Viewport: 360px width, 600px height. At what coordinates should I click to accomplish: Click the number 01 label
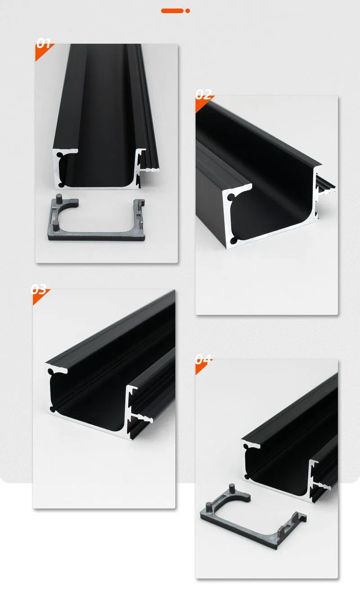coord(44,43)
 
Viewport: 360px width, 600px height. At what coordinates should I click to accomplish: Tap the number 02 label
coord(203,95)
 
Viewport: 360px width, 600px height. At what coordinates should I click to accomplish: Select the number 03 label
coord(39,289)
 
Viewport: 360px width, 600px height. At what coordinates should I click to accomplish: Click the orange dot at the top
coord(188,10)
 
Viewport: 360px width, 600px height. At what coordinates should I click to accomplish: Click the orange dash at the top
coord(172,10)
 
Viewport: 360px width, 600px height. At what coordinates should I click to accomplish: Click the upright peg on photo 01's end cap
coord(60,199)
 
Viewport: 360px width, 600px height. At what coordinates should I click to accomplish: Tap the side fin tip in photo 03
coord(151,421)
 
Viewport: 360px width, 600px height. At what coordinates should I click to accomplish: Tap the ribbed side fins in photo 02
coord(327,184)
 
